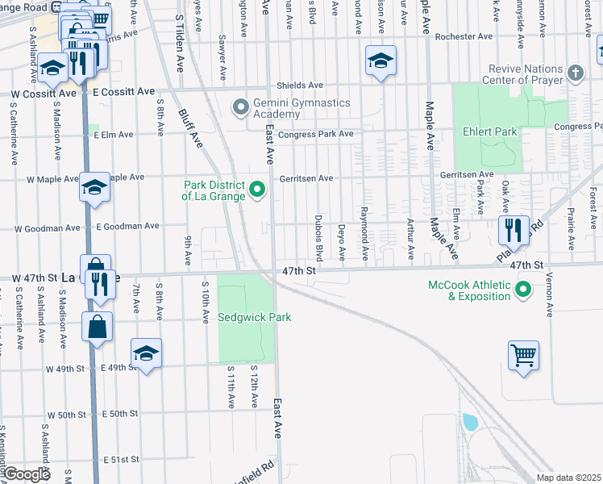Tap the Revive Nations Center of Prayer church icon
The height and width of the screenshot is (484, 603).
(x=575, y=74)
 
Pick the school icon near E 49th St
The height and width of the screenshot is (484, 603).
(x=146, y=353)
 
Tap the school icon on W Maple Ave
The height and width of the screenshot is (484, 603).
(x=94, y=188)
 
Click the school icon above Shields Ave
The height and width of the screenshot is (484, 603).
(x=381, y=61)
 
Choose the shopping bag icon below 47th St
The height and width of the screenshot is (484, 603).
(x=97, y=327)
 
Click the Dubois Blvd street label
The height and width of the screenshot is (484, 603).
(x=319, y=238)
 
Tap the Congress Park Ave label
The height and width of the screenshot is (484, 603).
(x=315, y=134)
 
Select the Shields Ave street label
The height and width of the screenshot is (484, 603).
(x=300, y=86)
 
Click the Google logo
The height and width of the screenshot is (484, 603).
(x=27, y=475)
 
